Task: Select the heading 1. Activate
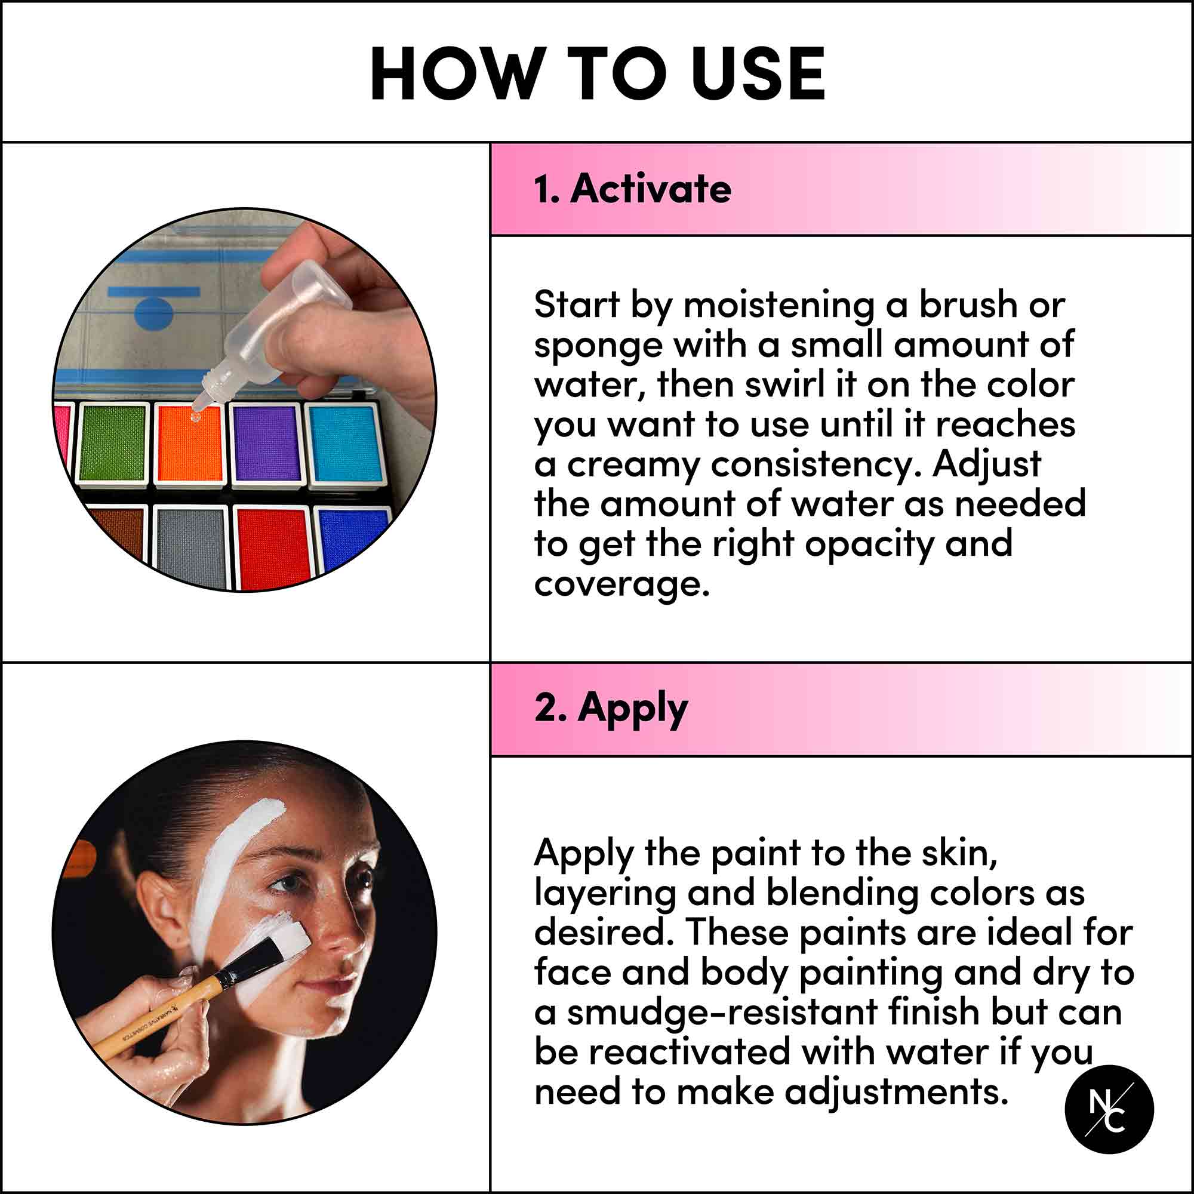(x=632, y=189)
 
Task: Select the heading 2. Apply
(x=610, y=707)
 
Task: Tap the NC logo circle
(x=1109, y=1109)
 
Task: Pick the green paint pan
(x=112, y=444)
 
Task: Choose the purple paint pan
(x=266, y=444)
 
